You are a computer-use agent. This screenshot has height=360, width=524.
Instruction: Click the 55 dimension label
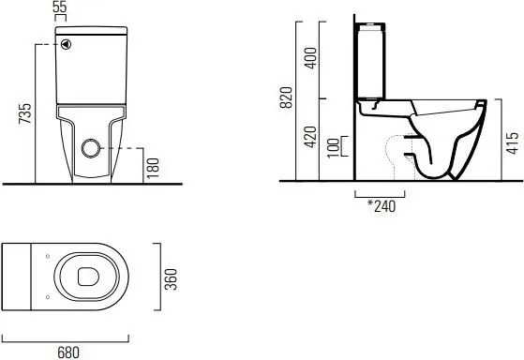click(x=60, y=7)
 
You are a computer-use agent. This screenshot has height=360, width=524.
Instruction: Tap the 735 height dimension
click(x=25, y=113)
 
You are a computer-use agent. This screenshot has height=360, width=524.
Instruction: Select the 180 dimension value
click(x=153, y=168)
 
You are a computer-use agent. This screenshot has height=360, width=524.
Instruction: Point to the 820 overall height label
click(x=286, y=97)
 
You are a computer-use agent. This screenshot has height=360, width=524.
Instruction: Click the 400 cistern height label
click(x=311, y=58)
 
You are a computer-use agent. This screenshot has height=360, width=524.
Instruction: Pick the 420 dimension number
click(x=311, y=137)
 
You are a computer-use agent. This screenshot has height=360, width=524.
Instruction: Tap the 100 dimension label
click(x=333, y=148)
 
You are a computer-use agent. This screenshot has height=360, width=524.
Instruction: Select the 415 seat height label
click(x=513, y=143)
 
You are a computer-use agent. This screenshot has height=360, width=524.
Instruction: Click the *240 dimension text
click(x=382, y=206)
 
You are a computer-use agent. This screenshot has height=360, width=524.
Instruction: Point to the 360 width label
click(x=171, y=279)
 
